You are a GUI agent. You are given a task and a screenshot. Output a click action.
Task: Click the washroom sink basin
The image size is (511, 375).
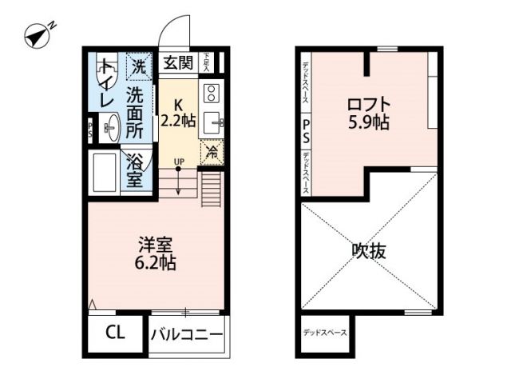tap(112, 126)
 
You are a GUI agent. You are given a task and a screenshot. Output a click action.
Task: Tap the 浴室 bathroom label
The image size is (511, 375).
tap(135, 169)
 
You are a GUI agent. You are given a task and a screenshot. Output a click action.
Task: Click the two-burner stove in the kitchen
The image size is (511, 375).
tap(212, 94)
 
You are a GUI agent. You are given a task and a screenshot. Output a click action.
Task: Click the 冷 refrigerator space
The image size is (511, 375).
tap(212, 151)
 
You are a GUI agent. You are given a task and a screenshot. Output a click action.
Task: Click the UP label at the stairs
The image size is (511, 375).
tap(179, 162)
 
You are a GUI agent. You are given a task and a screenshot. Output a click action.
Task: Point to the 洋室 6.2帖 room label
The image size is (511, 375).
tap(155, 252)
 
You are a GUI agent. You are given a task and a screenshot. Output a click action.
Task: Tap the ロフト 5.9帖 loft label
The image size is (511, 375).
tap(368, 114)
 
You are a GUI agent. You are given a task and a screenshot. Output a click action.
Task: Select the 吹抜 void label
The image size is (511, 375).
tap(369, 251)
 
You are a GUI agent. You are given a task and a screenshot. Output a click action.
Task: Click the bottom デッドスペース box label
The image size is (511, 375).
tap(324, 332)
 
